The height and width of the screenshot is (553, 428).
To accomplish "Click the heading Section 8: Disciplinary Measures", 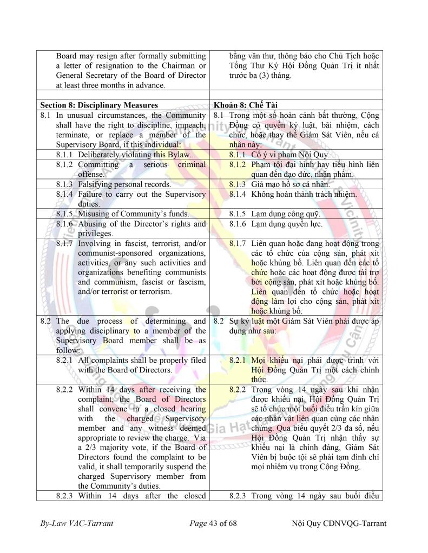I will click(99, 105).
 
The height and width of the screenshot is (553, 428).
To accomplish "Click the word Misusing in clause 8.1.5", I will click(94, 214).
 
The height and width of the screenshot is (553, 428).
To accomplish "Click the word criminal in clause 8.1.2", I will click(189, 164).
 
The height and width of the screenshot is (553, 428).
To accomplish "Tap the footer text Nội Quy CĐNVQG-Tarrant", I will click(339, 524).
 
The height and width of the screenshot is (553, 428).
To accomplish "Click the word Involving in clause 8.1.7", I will click(96, 244).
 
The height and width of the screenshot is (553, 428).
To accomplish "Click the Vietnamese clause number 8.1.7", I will click(239, 244).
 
